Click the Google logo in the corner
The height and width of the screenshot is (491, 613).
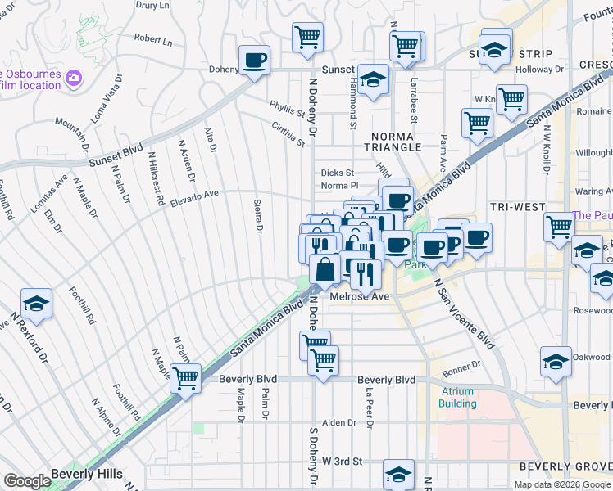(x=27, y=481)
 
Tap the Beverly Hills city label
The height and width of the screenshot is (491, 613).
(x=86, y=474)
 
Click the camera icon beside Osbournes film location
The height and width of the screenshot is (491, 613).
(x=74, y=78)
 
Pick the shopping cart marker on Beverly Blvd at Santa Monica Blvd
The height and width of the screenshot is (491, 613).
(x=186, y=377)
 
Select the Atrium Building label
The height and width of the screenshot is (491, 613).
(x=456, y=397)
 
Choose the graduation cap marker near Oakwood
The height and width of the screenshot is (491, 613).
(x=555, y=361)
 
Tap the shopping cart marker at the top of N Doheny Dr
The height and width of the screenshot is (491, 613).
(x=307, y=36)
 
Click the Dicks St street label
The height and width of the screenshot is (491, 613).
(x=337, y=173)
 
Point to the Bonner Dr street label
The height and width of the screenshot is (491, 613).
(x=464, y=367)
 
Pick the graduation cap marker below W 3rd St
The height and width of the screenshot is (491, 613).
(x=398, y=474)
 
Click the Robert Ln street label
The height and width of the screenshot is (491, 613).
(x=153, y=39)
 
